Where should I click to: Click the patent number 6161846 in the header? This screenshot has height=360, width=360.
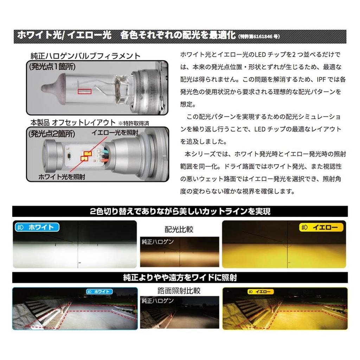click(261, 37)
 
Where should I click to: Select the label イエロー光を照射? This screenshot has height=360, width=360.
click(115, 132)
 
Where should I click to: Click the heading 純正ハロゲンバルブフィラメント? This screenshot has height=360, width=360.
click(85, 56)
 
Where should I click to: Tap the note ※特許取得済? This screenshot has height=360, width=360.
click(134, 123)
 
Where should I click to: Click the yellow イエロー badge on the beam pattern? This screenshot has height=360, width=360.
click(321, 227)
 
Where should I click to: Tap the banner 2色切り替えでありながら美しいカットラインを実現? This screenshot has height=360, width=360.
click(180, 212)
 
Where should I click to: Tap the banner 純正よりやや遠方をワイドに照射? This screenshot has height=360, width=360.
click(180, 277)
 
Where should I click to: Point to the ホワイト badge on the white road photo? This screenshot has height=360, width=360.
click(99, 291)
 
